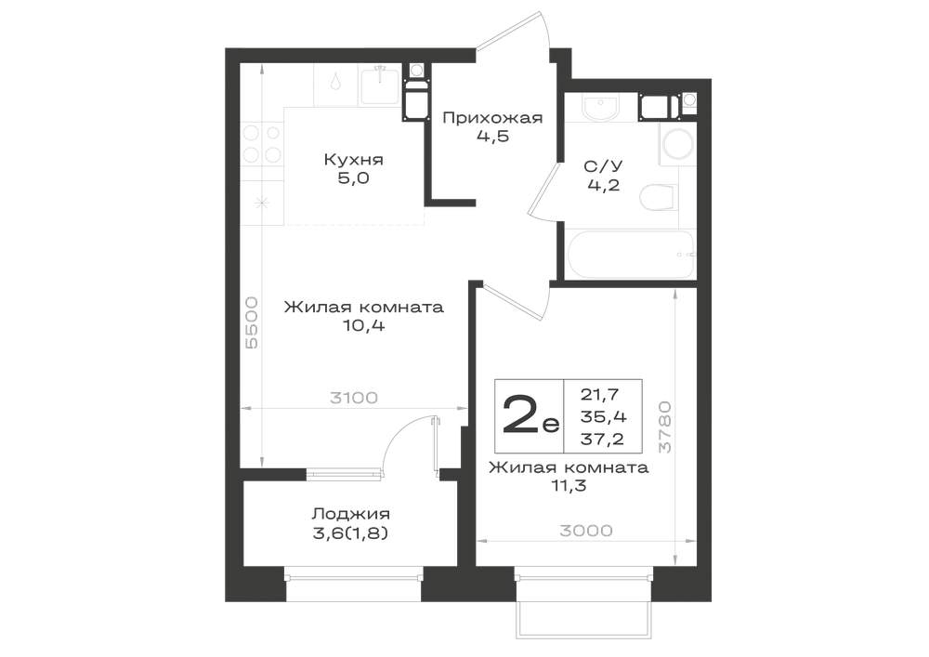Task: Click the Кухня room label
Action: point(353,159)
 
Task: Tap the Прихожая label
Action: point(492,118)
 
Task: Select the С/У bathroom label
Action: point(604,166)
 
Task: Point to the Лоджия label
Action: point(351,514)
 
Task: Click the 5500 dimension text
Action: point(252,322)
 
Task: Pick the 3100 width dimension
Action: point(354,398)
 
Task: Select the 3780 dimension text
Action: point(665,427)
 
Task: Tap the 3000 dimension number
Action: point(586,531)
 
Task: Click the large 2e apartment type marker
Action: point(530,413)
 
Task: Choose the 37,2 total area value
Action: point(602,439)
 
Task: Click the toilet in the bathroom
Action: point(659,197)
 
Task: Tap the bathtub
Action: point(631,254)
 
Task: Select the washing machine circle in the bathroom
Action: point(676,145)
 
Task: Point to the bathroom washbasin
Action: point(600,107)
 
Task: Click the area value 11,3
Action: point(569,486)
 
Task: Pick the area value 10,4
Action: point(364,325)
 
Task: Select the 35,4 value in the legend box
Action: point(603,416)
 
